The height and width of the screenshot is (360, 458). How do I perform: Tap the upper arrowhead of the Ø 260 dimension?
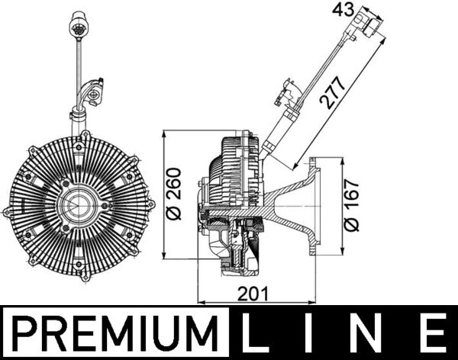pos(166,136)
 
